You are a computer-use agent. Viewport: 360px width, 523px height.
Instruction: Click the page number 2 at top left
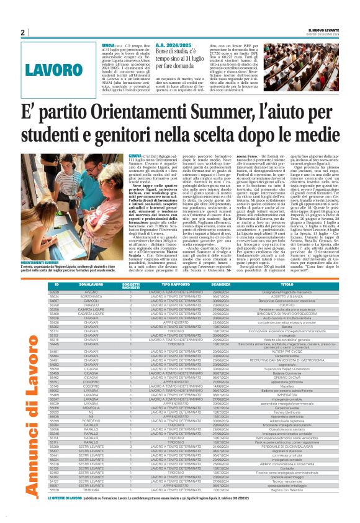tap(22, 33)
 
